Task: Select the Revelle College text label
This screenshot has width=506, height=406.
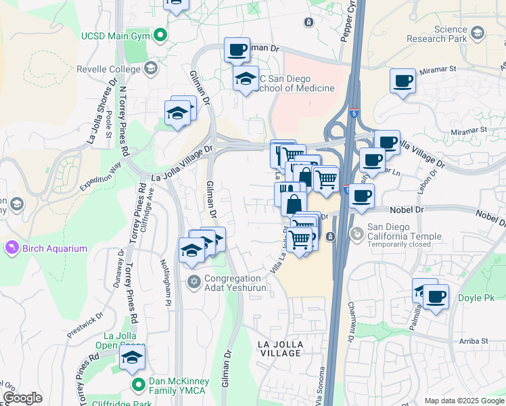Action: tap(108, 68)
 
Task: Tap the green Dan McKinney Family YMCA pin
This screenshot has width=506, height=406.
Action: tap(139, 385)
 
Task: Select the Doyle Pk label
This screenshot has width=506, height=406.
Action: tap(476, 298)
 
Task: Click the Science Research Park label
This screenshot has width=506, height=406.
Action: tap(441, 34)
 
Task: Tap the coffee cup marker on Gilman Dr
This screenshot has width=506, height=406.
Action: tap(237, 49)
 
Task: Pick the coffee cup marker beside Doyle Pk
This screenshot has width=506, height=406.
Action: tap(436, 296)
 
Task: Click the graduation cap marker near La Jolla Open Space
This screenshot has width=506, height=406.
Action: tap(133, 357)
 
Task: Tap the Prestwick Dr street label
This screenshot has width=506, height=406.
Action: tap(85, 325)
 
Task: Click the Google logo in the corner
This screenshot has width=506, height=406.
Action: tap(22, 398)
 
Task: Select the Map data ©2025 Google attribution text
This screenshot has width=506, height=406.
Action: tap(463, 401)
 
